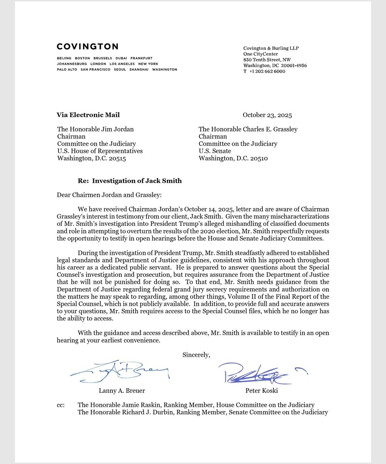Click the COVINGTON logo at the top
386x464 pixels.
click(87, 46)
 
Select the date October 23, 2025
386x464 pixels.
click(267, 115)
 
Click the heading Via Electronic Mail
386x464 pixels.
click(88, 115)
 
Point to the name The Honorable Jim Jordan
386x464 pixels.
click(95, 129)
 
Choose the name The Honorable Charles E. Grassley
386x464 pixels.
click(248, 129)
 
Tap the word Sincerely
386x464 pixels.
click(196, 355)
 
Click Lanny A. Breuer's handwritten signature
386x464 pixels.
click(120, 371)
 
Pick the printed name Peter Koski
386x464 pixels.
click(262, 391)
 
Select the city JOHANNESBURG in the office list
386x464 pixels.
click(71, 64)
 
